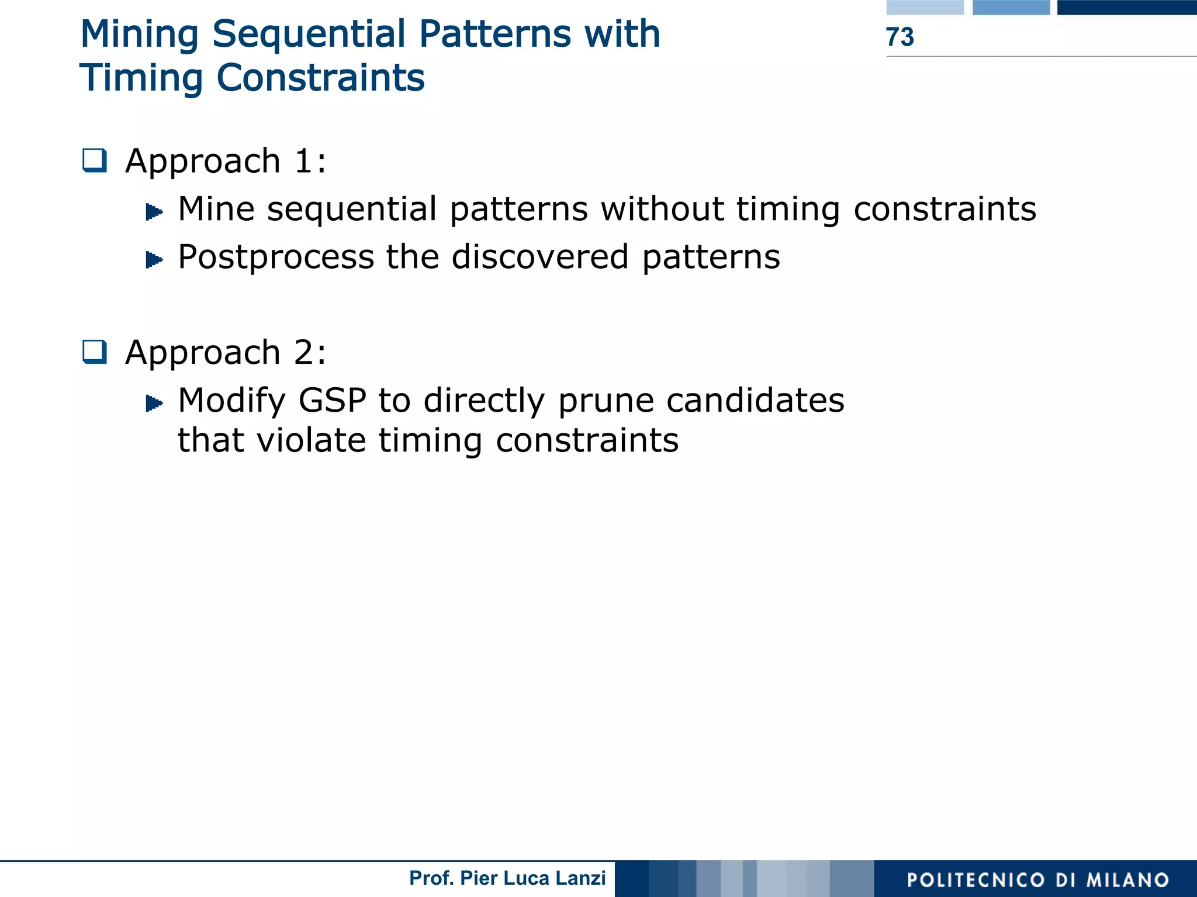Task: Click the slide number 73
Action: [x=900, y=37]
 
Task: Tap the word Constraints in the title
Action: [x=320, y=78]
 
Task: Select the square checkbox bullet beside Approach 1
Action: [x=95, y=161]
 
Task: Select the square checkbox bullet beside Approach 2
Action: [x=95, y=352]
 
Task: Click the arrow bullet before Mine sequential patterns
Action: [x=154, y=211]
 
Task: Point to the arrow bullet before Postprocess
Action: [x=154, y=259]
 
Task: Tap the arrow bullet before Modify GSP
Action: [x=154, y=403]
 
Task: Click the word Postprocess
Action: [x=276, y=258]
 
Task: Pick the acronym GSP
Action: [x=332, y=401]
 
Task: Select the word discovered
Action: [x=540, y=257]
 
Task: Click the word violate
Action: [x=312, y=440]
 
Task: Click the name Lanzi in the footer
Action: [x=581, y=878]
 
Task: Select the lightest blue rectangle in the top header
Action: [x=925, y=7]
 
